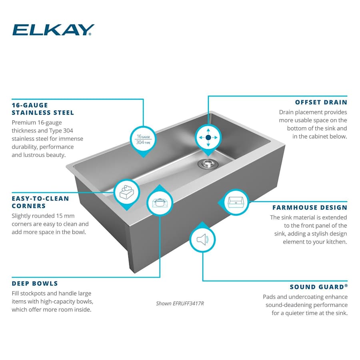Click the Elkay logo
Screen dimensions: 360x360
(x=53, y=30)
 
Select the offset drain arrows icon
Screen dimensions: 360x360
(x=208, y=137)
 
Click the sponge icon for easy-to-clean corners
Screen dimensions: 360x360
(x=127, y=193)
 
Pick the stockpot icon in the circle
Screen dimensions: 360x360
(x=160, y=202)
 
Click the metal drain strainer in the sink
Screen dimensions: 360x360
(x=208, y=163)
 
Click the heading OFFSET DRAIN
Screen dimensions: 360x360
(x=321, y=102)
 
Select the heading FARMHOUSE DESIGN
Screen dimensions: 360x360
(x=310, y=208)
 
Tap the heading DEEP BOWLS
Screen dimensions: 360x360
(x=35, y=284)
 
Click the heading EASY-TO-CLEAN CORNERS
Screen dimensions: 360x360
(x=40, y=202)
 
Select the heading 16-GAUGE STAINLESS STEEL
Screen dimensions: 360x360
(x=43, y=109)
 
